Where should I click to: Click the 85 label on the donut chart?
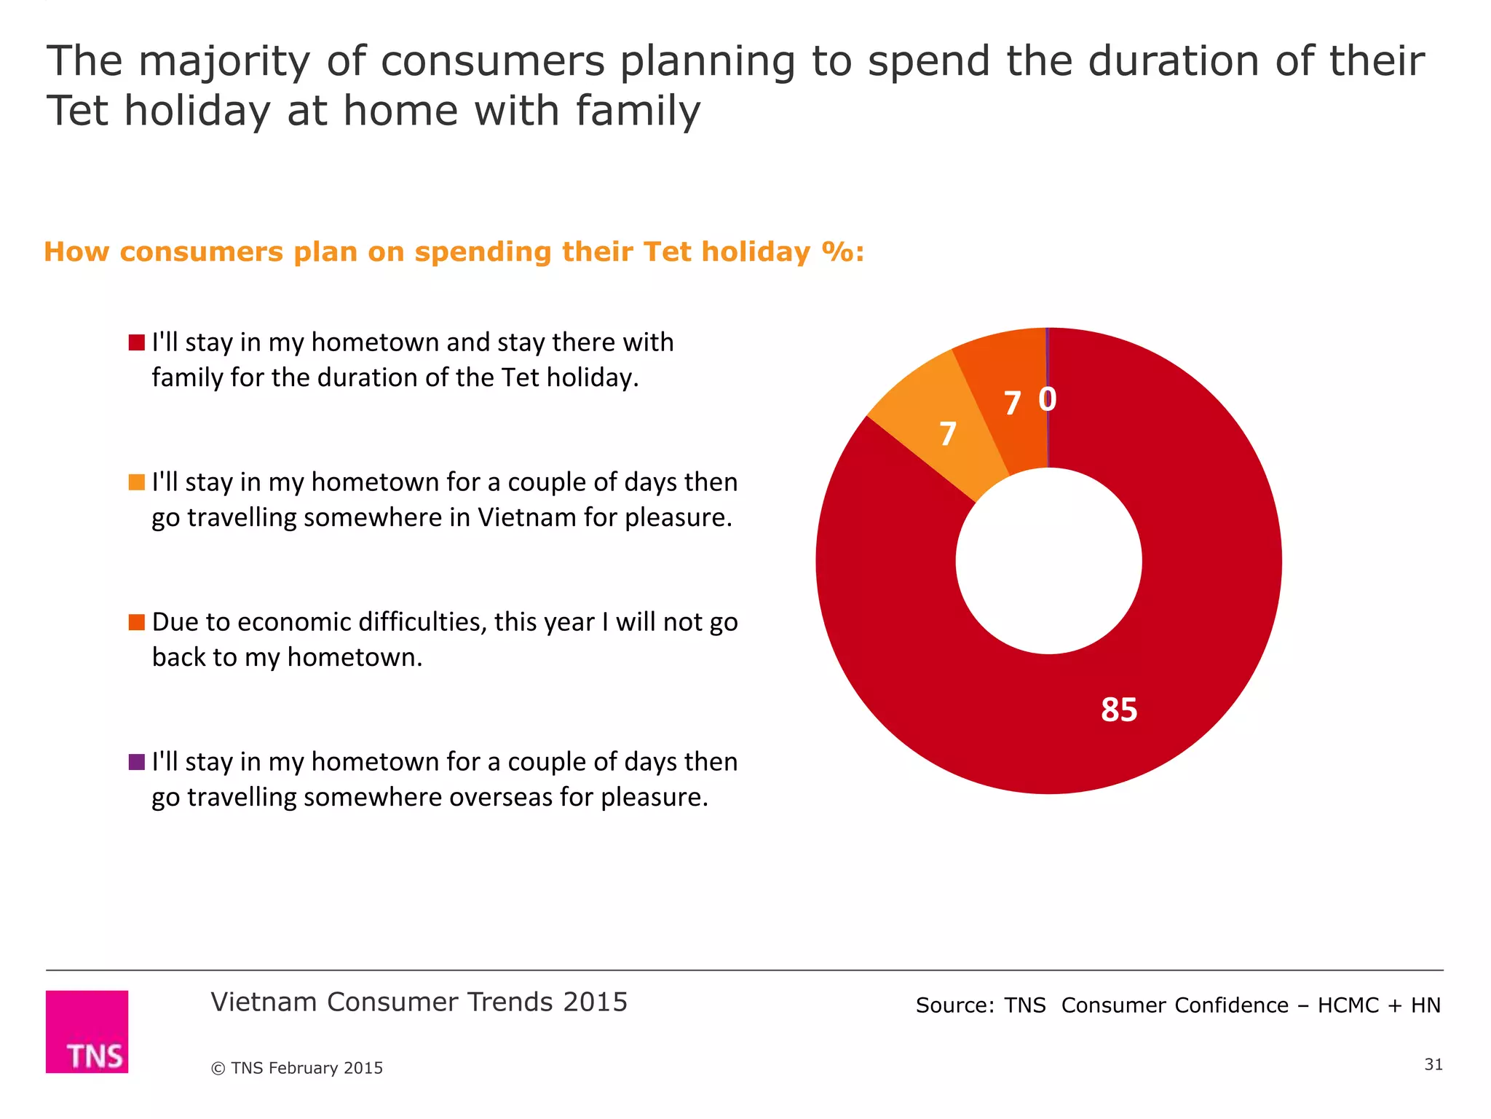[1118, 710]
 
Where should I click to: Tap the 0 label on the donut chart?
[1047, 398]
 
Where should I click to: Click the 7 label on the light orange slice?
[947, 434]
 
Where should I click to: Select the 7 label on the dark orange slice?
[1012, 404]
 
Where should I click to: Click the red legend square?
[136, 342]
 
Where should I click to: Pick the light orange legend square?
[136, 482]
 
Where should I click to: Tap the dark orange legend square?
[136, 622]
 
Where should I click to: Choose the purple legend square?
[136, 762]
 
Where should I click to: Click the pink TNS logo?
[87, 1031]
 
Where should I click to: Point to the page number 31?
[1433, 1064]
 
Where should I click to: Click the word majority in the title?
[224, 61]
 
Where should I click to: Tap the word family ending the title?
[638, 111]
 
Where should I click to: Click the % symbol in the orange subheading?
[837, 252]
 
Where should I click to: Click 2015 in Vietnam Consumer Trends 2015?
[595, 1002]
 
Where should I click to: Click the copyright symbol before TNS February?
[218, 1069]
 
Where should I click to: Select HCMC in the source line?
[1348, 1005]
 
